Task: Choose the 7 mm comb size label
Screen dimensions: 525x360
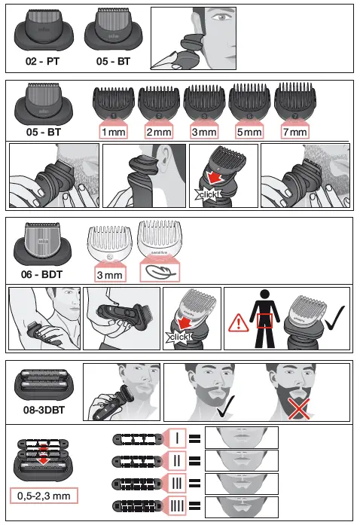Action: [293, 131]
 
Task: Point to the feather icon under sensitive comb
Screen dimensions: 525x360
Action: [159, 270]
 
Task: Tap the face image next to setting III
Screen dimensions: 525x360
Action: [241, 484]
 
